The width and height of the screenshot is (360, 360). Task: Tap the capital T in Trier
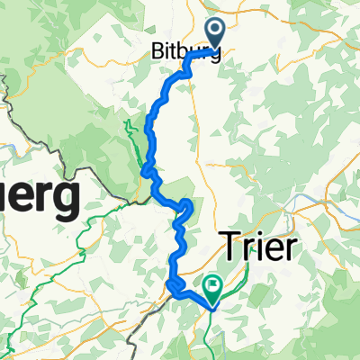tap(229, 244)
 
